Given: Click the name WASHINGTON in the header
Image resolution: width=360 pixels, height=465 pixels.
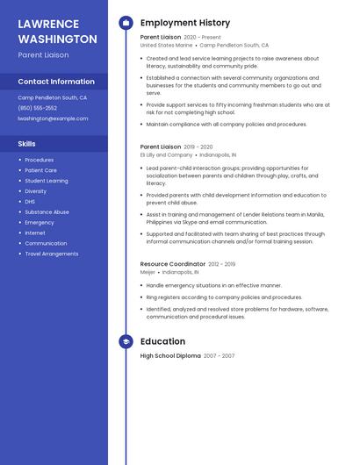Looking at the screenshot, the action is tap(57, 39).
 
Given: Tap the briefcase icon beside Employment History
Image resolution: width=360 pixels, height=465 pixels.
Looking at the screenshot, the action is tap(126, 22).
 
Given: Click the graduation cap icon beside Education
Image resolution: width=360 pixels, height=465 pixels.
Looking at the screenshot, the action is tap(126, 341).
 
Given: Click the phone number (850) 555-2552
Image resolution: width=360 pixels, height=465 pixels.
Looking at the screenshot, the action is tap(38, 108).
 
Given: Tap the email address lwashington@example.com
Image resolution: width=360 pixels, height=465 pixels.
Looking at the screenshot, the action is tap(53, 118).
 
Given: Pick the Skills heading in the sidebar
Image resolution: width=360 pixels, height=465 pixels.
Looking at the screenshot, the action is tap(27, 143).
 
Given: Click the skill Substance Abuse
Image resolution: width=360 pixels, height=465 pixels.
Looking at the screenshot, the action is tap(47, 212).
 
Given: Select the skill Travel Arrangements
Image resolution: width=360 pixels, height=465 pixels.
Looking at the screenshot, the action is tap(51, 254).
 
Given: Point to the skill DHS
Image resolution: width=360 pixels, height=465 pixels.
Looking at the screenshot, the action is tap(30, 202).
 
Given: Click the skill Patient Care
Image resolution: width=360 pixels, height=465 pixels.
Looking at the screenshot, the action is tap(40, 170).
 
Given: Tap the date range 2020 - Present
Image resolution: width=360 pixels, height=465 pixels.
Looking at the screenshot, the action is tap(202, 38).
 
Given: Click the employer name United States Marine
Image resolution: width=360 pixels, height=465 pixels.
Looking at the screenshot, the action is tap(166, 45).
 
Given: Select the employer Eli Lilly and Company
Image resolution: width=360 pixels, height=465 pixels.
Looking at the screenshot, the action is tap(166, 154).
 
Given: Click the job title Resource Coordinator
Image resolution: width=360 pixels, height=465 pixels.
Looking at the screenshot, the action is tap(172, 264).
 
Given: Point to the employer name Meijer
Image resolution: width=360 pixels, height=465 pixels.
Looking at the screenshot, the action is tap(148, 272).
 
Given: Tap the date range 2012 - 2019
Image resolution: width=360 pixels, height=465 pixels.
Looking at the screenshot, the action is tap(221, 264).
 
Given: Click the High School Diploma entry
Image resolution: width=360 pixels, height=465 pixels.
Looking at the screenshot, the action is tap(170, 356).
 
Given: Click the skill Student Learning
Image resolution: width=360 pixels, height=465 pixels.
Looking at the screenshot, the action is tap(46, 181).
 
